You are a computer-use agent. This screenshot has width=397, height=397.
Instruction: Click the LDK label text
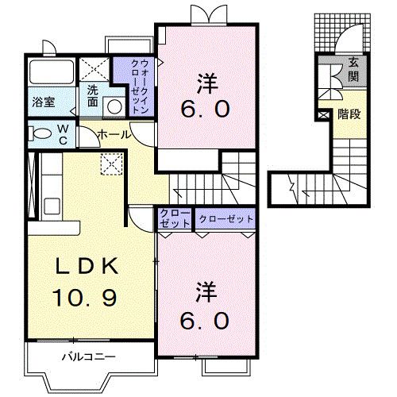(x=87, y=266)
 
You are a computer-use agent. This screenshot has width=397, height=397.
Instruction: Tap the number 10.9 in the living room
(x=85, y=298)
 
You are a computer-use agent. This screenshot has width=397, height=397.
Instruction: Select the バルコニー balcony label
(x=89, y=357)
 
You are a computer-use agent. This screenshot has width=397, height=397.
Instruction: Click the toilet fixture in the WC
(x=40, y=133)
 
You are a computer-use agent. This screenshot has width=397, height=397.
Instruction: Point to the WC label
(x=63, y=135)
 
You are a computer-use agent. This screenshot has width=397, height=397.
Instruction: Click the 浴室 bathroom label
(x=44, y=102)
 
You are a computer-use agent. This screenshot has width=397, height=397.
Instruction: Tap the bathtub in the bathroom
(x=52, y=72)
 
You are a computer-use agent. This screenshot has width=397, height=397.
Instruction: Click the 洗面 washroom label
(x=93, y=96)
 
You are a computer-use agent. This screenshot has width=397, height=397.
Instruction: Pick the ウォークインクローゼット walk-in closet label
(x=140, y=87)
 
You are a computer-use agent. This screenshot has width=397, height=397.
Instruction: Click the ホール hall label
(x=114, y=135)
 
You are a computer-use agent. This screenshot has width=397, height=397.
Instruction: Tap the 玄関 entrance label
(x=353, y=69)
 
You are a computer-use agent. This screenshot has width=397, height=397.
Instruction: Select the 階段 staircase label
(x=349, y=114)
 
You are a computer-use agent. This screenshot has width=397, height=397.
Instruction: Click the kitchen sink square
(x=52, y=206)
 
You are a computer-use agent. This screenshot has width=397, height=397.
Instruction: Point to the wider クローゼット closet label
(x=226, y=219)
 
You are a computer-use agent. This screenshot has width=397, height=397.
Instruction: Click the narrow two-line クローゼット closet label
(x=175, y=218)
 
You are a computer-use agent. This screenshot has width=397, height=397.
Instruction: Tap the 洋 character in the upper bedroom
(x=207, y=83)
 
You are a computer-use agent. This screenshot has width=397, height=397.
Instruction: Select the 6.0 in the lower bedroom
(x=205, y=321)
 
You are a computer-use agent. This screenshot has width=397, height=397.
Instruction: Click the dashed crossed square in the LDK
(x=112, y=164)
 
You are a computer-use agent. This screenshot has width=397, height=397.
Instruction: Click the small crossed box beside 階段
(x=323, y=115)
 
